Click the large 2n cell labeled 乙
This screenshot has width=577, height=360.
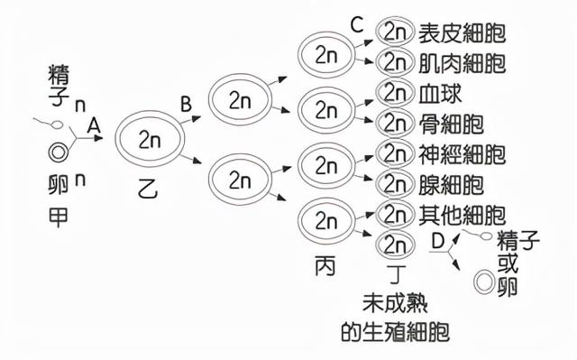tap(150, 138)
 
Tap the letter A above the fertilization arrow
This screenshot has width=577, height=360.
tap(92, 129)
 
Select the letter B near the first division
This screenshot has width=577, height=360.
tap(186, 106)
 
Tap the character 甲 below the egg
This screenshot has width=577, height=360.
tap(57, 218)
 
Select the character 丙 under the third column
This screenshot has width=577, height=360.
tap(325, 266)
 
